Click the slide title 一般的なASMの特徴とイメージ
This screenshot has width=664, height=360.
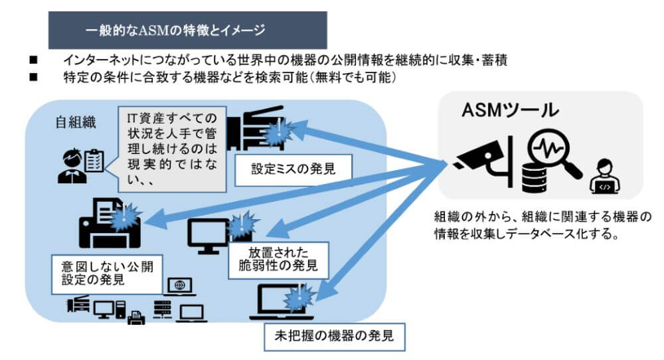pyautogui.click(x=175, y=30)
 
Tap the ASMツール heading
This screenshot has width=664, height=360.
pyautogui.click(x=510, y=110)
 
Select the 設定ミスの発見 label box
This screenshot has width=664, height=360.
pyautogui.click(x=293, y=170)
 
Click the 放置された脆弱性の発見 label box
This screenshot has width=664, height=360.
pyautogui.click(x=278, y=260)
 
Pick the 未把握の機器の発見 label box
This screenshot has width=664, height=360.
pyautogui.click(x=334, y=336)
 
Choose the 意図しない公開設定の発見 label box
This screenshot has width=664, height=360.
pyautogui.click(x=107, y=274)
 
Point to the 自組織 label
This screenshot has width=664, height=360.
pyautogui.click(x=76, y=122)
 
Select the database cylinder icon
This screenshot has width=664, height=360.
pyautogui.click(x=534, y=178)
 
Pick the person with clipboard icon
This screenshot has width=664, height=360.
pyautogui.click(x=80, y=165)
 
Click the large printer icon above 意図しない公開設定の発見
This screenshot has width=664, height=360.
pyautogui.click(x=110, y=223)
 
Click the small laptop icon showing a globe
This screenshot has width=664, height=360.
pyautogui.click(x=180, y=287)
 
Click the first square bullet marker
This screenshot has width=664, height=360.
pyautogui.click(x=33, y=60)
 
